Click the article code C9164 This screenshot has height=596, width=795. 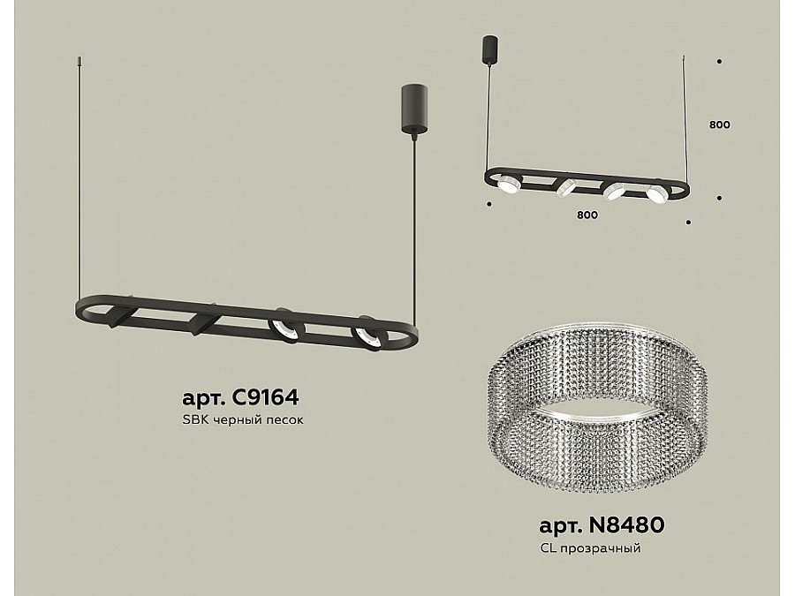tap(264, 397)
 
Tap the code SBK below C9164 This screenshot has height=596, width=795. tap(193, 419)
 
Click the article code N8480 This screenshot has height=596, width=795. tap(625, 525)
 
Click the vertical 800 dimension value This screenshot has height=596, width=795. tap(719, 124)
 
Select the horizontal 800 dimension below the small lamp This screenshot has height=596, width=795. tap(587, 215)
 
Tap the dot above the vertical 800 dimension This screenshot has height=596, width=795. tap(719, 62)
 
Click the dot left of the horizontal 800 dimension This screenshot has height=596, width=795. tap(488, 204)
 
